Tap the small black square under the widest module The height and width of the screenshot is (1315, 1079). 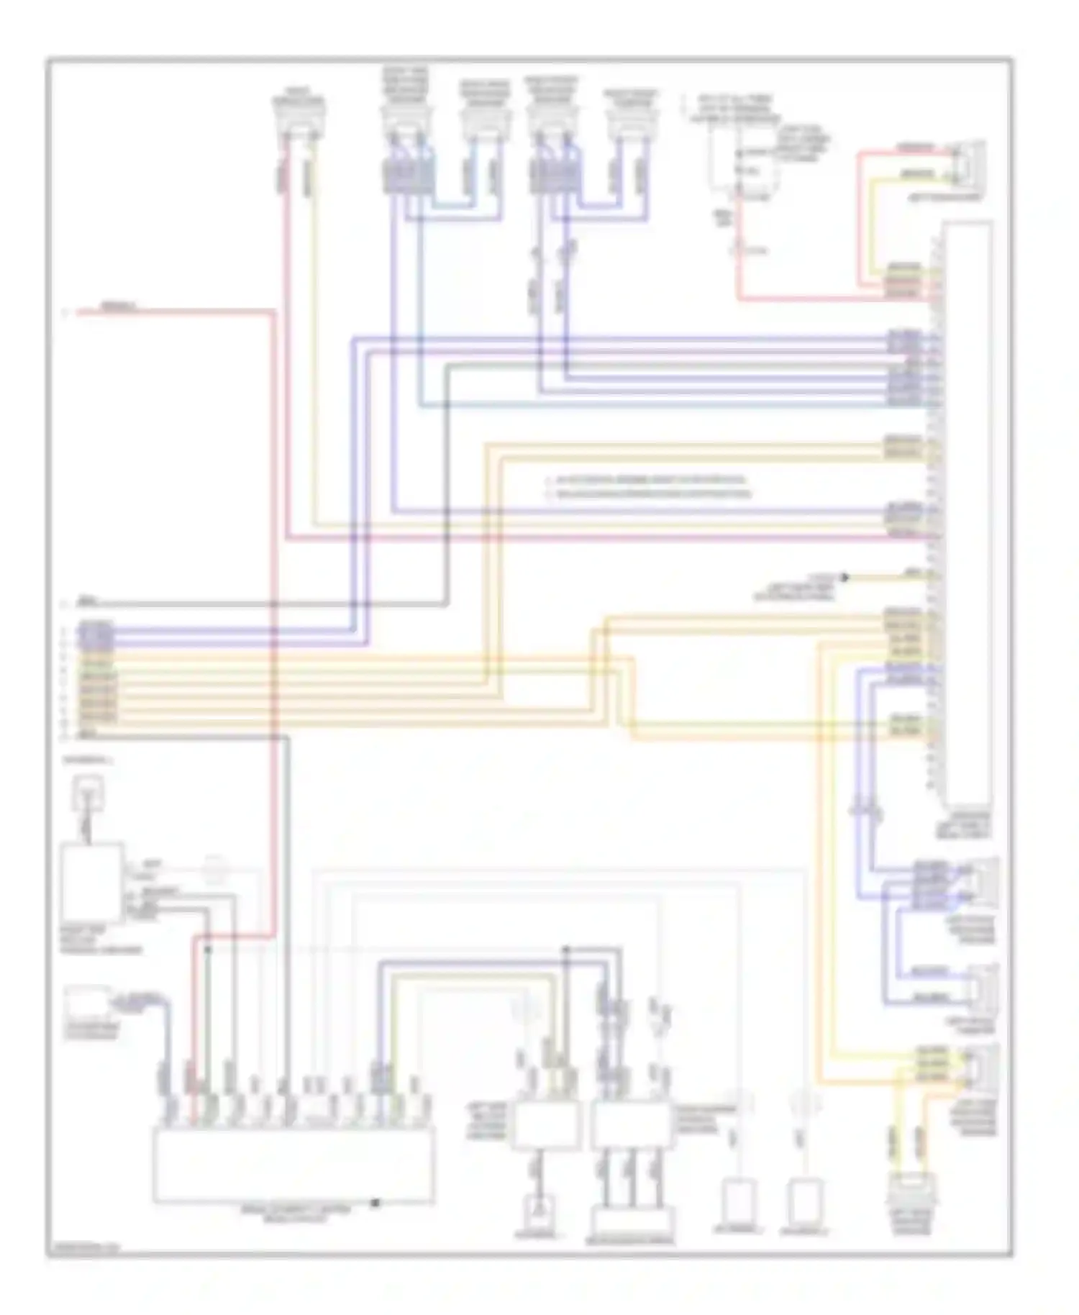tap(375, 1203)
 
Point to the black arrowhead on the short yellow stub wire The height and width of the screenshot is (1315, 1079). tap(845, 577)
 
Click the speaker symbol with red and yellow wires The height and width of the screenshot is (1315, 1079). tap(968, 163)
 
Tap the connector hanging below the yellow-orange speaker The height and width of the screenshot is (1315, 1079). tap(911, 1191)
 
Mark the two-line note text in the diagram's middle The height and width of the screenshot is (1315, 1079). tap(647, 487)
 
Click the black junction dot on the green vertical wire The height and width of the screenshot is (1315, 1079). tap(209, 950)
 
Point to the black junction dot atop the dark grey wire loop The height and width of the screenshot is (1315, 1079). tap(566, 950)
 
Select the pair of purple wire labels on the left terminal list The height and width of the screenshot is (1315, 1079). tap(96, 633)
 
